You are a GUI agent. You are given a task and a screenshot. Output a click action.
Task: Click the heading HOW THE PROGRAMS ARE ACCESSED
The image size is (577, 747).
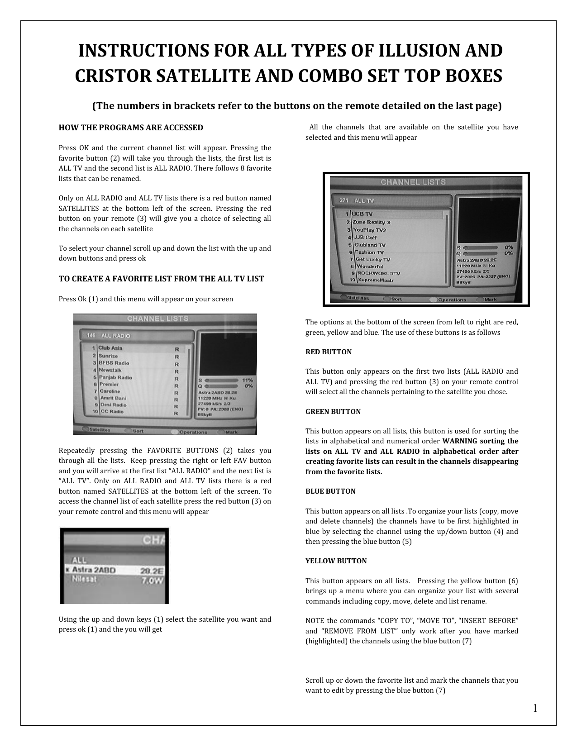coord(131,128)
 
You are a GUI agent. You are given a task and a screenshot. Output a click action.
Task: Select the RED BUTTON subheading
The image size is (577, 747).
coord(329,352)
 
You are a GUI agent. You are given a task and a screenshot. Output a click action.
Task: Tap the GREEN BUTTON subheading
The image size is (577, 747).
coord(333,412)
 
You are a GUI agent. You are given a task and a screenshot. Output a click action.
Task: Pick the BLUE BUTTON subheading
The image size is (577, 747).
coord(330,491)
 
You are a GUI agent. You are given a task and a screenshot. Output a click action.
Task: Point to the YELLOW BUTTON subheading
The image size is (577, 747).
coord(336,561)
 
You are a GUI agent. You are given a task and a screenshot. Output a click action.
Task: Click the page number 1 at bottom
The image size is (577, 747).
coord(535,709)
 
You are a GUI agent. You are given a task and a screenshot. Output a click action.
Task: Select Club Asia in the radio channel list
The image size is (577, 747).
coord(110,348)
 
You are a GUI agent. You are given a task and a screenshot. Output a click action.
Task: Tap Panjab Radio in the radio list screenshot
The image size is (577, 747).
coord(115,377)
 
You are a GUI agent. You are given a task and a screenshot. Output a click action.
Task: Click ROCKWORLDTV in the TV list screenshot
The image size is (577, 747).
coord(379,273)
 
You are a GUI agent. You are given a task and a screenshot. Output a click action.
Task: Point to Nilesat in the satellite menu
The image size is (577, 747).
coord(85,579)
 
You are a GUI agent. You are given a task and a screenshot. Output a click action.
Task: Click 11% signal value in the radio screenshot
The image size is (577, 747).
coord(248,380)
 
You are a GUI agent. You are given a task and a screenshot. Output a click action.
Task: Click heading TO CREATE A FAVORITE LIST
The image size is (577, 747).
coord(161,279)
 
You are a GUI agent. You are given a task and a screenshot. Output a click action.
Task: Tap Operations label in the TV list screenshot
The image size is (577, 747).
coord(452,300)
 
